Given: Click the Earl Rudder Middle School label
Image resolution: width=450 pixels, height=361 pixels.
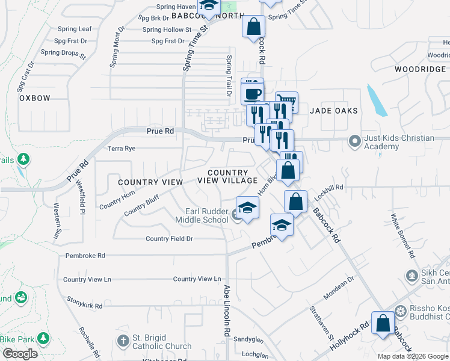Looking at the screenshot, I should pos(206,215).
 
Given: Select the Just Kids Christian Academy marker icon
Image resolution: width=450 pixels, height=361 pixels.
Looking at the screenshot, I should pos(355,142).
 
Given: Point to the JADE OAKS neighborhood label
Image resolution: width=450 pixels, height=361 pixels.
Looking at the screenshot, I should pos(334,111).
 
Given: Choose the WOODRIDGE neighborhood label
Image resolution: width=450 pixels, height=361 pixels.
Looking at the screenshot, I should pos(420,69).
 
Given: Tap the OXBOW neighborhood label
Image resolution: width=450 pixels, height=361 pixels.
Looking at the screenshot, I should pos(34,97).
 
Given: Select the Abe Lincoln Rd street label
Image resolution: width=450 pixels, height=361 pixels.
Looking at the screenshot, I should pos(227,310).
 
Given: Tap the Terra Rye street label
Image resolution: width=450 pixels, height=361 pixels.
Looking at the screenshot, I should pos(123,149).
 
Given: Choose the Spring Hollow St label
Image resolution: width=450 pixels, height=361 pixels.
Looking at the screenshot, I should pos(167,29).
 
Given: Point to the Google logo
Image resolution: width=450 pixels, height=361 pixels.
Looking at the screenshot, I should pos(19,354).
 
